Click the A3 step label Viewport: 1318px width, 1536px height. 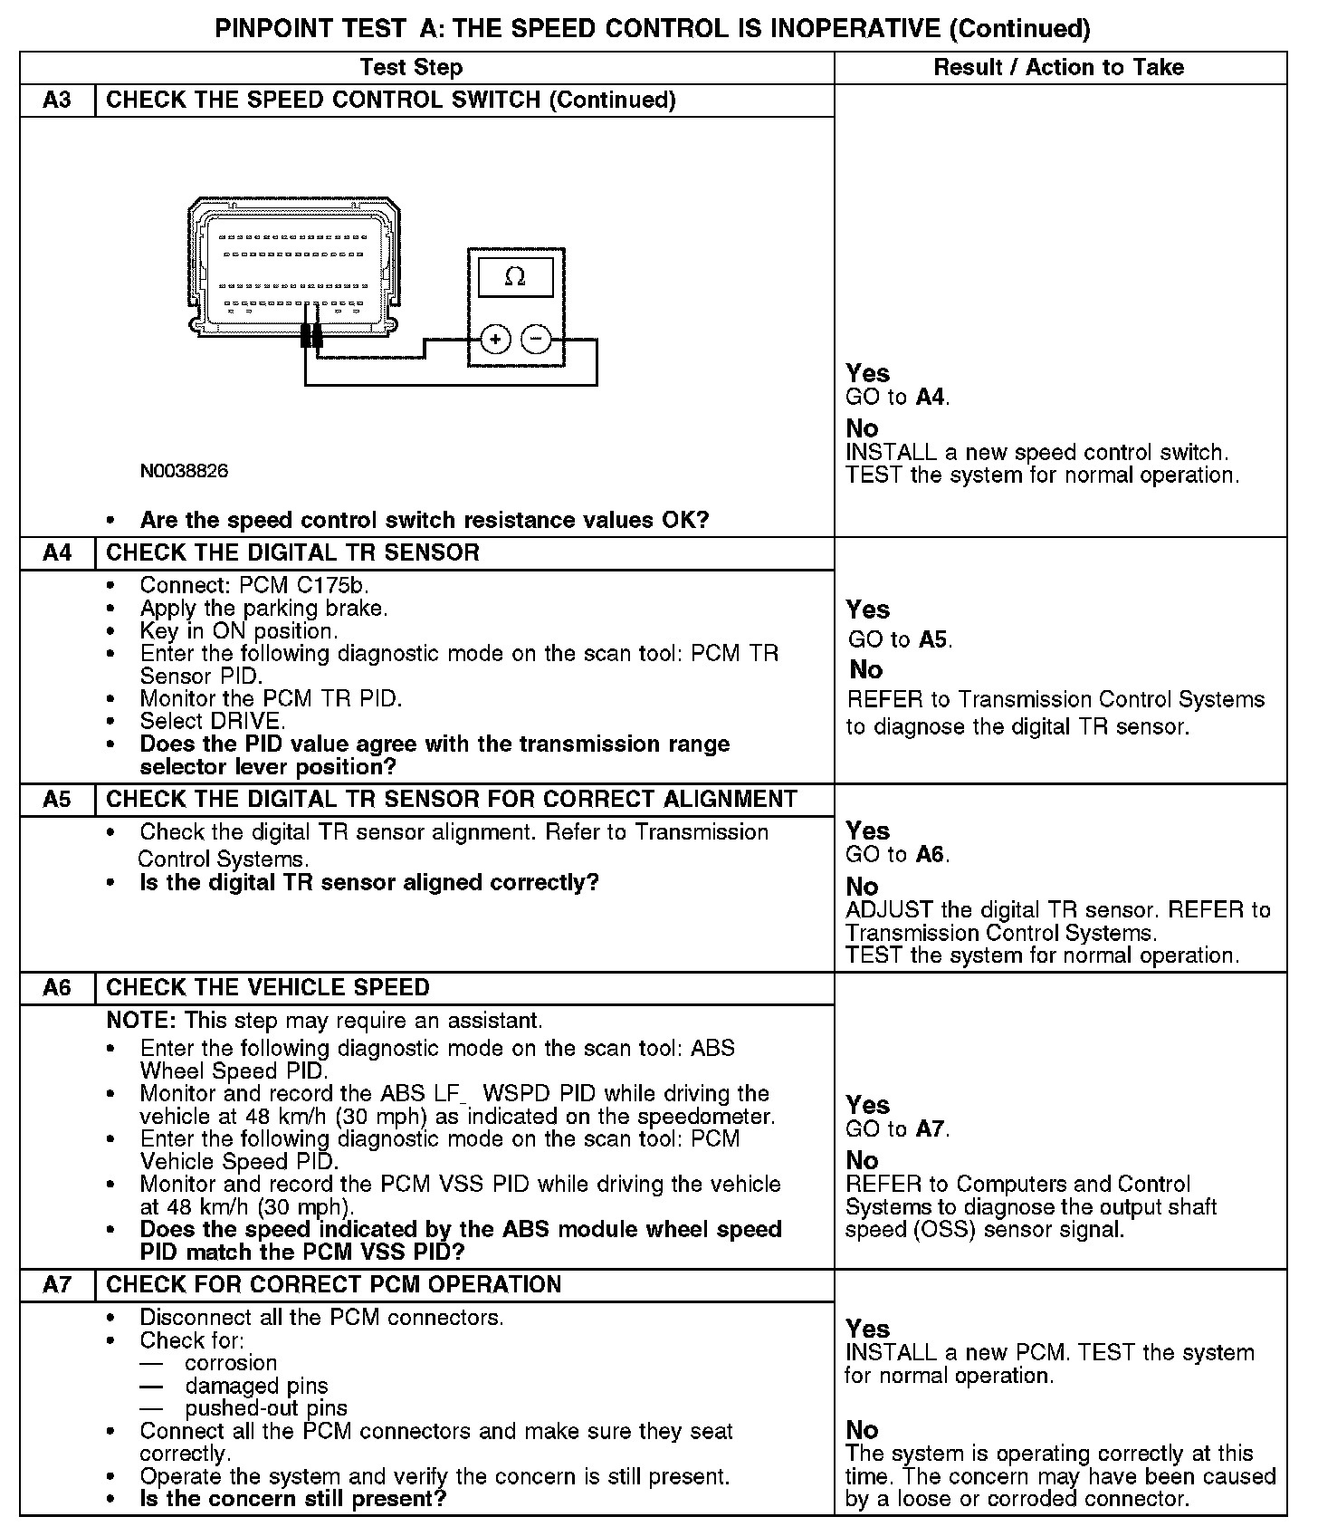[x=56, y=100]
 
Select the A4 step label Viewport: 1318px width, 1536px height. [x=56, y=552]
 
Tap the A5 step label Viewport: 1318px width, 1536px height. [x=56, y=800]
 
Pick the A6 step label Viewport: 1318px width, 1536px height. [x=56, y=987]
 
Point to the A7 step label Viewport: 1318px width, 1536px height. [x=56, y=1284]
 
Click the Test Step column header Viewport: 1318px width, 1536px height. [x=411, y=67]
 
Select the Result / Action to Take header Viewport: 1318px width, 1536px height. [x=1058, y=67]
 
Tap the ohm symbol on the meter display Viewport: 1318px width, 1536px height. [x=515, y=276]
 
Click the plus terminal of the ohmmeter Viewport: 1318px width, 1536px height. [x=495, y=340]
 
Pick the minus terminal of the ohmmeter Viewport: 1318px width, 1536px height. [x=537, y=340]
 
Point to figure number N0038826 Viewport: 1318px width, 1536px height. [x=184, y=471]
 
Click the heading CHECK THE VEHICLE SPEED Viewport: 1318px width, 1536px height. [x=268, y=987]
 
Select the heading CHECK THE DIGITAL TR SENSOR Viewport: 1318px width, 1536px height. [x=292, y=552]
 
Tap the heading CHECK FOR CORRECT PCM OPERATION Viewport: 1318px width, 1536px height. [x=333, y=1284]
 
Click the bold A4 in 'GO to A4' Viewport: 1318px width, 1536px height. [x=931, y=397]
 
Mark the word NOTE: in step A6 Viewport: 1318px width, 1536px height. [x=141, y=1021]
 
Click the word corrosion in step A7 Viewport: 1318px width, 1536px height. [x=231, y=1363]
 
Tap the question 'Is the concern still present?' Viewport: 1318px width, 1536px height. [x=293, y=1499]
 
